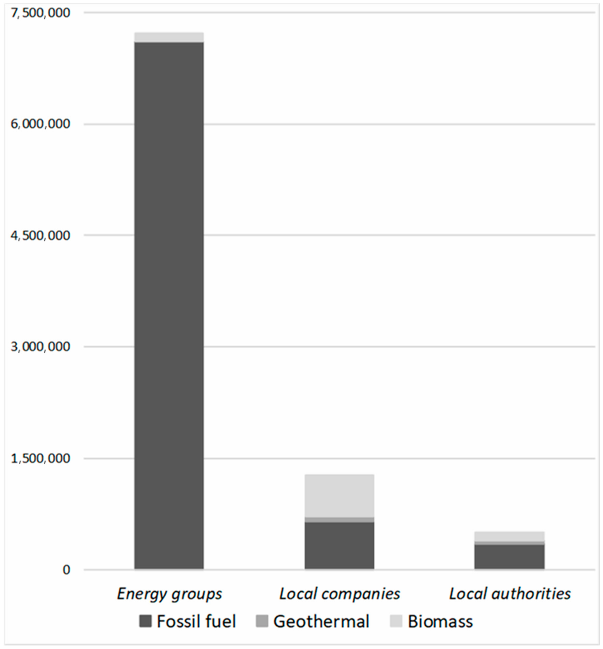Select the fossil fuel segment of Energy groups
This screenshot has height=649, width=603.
169,305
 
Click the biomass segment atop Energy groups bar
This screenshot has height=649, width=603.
169,37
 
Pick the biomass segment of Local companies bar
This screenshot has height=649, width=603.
340,496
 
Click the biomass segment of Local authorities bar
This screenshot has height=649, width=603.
509,536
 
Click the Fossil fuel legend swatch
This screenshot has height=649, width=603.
145,621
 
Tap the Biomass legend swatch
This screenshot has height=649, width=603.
396,621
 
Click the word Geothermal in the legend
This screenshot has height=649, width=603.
321,621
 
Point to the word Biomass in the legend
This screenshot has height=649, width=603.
440,621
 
